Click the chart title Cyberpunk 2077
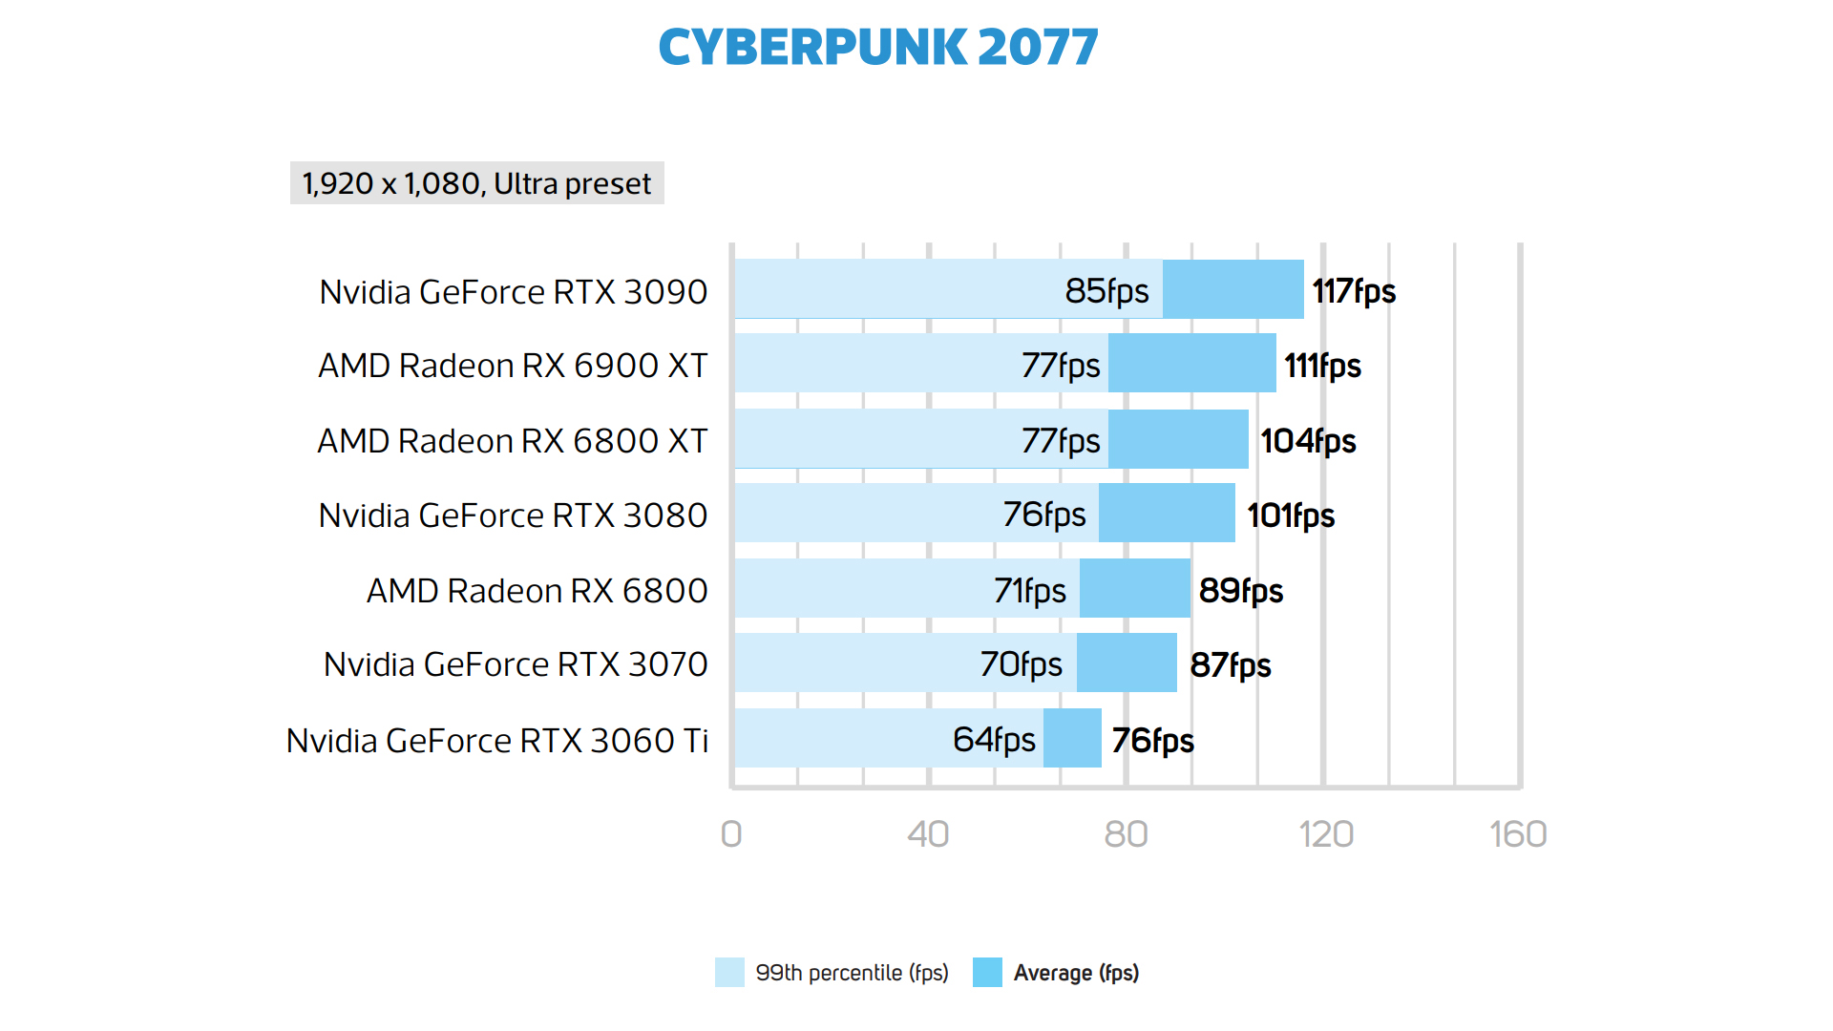click(878, 48)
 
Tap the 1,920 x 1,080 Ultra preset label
click(476, 183)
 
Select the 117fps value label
click(1354, 291)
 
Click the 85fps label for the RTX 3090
click(1106, 291)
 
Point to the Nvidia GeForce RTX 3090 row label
click(513, 292)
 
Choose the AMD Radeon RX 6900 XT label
click(513, 366)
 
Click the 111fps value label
click(1322, 366)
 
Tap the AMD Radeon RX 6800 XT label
click(513, 441)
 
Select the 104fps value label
click(1308, 441)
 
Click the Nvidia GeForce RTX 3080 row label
click(513, 515)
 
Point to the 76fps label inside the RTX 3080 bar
click(1043, 515)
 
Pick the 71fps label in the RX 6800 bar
click(1029, 591)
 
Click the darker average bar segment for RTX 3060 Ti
click(1072, 738)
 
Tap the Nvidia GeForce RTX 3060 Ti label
click(496, 741)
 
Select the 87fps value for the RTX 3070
click(1230, 665)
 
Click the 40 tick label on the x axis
click(928, 834)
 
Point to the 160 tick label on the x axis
click(1518, 834)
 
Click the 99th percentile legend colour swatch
click(729, 972)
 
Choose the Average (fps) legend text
click(1076, 973)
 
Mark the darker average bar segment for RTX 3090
click(1233, 289)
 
